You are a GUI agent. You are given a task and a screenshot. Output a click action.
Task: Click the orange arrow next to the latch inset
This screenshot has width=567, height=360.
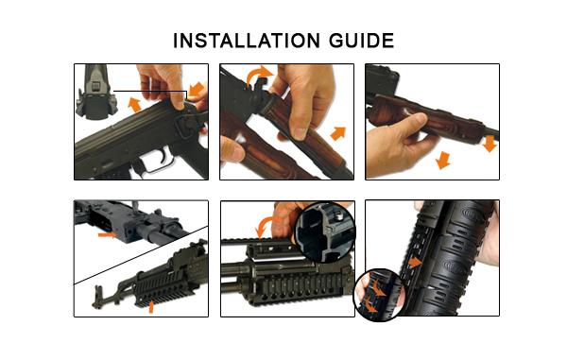[136, 103]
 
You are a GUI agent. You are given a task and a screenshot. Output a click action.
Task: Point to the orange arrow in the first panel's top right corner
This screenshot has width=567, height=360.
[197, 91]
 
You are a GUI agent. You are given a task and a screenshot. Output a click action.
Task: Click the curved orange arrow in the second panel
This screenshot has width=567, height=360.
[257, 77]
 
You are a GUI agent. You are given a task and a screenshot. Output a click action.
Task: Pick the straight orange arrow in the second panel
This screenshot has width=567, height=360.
[337, 131]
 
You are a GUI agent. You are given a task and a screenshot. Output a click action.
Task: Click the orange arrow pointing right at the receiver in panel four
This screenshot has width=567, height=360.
[111, 234]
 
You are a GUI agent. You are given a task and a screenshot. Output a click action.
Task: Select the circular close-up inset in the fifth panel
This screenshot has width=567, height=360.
[325, 231]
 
